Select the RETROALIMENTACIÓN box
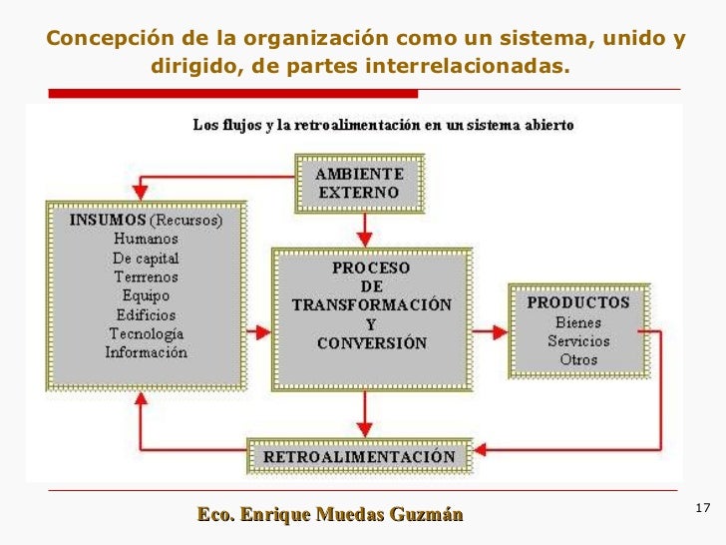(x=359, y=457)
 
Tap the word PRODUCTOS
(x=578, y=301)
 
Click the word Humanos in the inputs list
(x=146, y=239)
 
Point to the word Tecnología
(x=146, y=333)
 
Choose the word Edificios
(x=146, y=314)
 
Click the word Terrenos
(x=146, y=276)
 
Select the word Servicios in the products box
(x=578, y=340)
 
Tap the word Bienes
(x=578, y=321)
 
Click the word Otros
(x=578, y=359)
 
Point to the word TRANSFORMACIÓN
(x=371, y=304)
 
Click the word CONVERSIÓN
(x=371, y=343)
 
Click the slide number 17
(x=701, y=509)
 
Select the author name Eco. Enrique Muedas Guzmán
(x=330, y=515)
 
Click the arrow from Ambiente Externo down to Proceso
(x=365, y=229)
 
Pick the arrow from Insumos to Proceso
(x=258, y=330)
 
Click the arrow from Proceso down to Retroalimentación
(x=365, y=411)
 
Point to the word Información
(x=146, y=352)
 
